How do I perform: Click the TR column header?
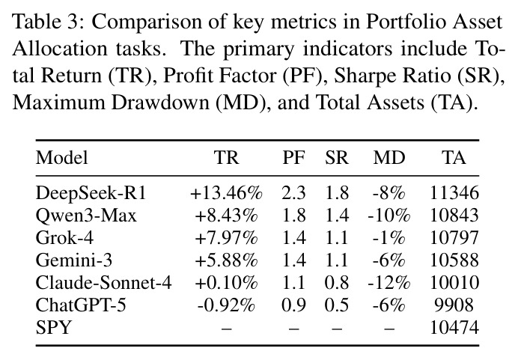[x=226, y=157]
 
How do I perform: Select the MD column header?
[x=389, y=157]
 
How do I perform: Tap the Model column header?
[x=62, y=157]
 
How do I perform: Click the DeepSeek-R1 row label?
[x=91, y=193]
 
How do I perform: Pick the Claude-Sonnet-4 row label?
[x=104, y=283]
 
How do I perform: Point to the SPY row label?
[x=53, y=328]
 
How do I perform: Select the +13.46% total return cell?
[x=226, y=193]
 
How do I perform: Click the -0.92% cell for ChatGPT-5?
[x=226, y=305]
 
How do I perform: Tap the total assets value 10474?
[x=454, y=328]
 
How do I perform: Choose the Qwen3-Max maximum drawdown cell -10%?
[x=389, y=216]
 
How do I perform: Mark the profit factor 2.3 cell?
[x=293, y=193]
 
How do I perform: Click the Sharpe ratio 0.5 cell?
[x=337, y=305]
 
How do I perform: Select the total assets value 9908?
[x=454, y=305]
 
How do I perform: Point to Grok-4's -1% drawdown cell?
[x=389, y=238]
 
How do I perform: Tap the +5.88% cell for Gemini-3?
[x=226, y=260]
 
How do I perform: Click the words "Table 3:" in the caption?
[x=49, y=22]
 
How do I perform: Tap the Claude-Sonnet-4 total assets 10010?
[x=454, y=283]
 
